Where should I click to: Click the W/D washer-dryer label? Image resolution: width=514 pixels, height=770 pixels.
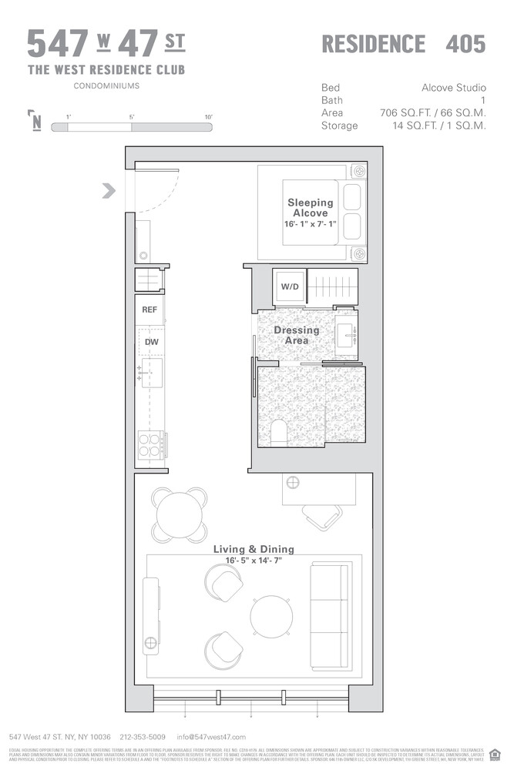289,286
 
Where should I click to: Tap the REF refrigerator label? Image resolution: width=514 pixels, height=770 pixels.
149,310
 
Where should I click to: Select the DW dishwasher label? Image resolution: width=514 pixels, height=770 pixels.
151,341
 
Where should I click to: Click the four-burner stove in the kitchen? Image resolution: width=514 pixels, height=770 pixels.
149,446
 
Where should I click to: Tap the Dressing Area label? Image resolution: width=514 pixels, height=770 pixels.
297,335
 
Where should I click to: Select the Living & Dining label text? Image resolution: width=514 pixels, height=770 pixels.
254,549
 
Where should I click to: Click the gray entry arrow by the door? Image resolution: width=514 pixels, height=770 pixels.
109,190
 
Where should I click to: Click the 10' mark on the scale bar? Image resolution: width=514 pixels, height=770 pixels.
208,116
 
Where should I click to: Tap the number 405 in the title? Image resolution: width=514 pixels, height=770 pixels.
465,44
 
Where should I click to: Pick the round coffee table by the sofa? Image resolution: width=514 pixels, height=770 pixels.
271,614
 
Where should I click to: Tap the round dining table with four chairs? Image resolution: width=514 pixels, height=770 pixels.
180,512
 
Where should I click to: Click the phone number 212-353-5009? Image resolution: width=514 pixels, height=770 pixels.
143,737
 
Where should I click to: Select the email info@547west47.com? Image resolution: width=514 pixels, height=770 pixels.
211,737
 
